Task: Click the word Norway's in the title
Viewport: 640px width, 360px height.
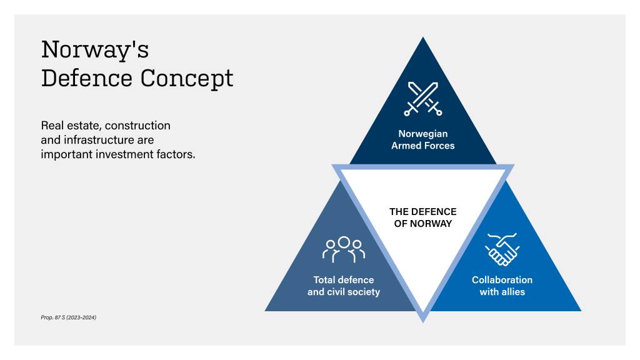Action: [x=95, y=49]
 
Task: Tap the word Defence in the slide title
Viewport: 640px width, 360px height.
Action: [x=87, y=79]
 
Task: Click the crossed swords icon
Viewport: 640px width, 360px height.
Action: [x=423, y=99]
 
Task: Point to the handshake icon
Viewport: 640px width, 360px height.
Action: [x=502, y=249]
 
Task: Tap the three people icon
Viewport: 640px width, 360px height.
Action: [x=343, y=249]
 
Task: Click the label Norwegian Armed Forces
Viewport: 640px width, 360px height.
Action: [x=423, y=139]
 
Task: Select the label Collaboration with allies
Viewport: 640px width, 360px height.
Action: [x=502, y=286]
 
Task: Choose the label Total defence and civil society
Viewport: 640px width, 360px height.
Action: [x=343, y=286]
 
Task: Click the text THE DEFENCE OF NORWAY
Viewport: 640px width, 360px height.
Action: [x=423, y=217]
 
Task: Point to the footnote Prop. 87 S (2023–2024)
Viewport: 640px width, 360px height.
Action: [x=69, y=317]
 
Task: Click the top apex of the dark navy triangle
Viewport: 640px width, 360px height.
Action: [x=423, y=39]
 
